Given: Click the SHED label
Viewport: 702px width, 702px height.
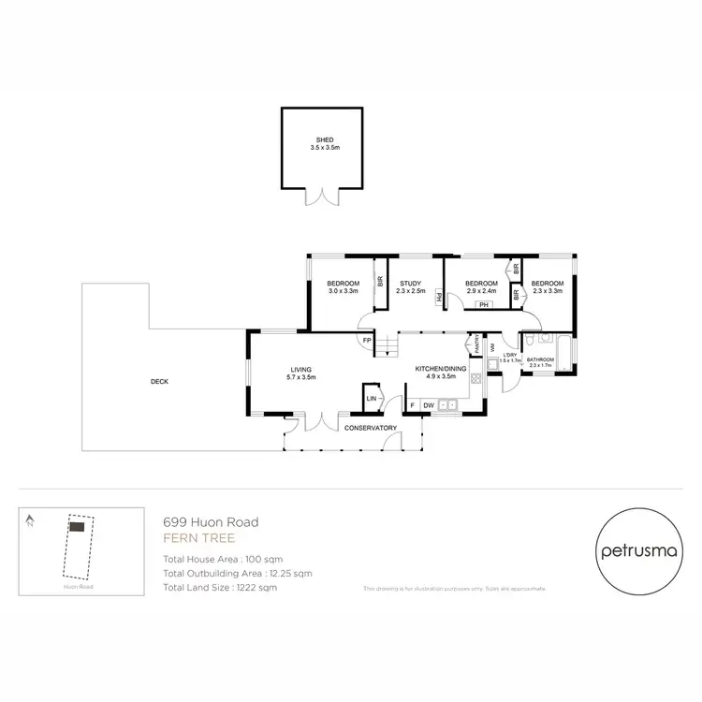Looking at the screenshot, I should tap(324, 139).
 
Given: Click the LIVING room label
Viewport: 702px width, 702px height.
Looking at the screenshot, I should tap(300, 369).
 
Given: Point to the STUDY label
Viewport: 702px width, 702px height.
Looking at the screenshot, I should tap(409, 284).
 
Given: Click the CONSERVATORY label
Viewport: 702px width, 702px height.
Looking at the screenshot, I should tap(371, 428).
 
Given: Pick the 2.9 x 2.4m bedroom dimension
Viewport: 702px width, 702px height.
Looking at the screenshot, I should tap(482, 291).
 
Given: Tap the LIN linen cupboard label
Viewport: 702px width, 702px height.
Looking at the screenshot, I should tap(371, 398).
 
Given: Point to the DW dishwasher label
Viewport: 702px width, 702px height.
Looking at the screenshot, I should tap(429, 404).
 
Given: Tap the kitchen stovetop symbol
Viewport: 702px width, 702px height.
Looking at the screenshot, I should tap(475, 379).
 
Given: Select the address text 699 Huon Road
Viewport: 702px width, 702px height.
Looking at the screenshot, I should tap(212, 522).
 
